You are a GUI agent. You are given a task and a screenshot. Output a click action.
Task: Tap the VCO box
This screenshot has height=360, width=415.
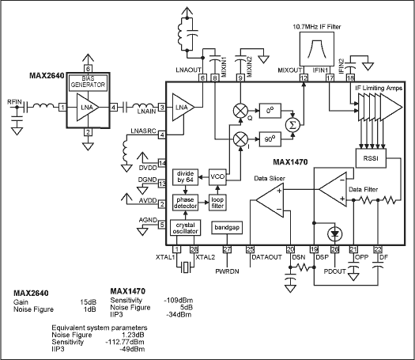coord(218,176)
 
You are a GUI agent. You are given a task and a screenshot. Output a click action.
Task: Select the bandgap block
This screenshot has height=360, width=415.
coord(227,228)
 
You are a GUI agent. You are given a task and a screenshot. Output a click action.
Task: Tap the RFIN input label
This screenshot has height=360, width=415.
coord(15,101)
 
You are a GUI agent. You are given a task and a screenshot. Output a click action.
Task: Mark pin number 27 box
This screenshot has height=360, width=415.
coord(227,249)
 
